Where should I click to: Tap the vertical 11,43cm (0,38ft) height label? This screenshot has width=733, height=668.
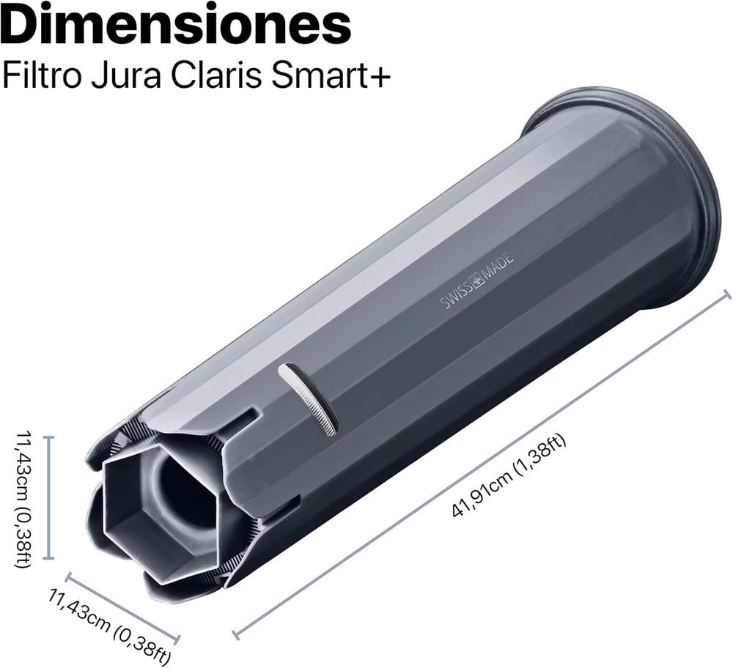pos(23,498)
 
